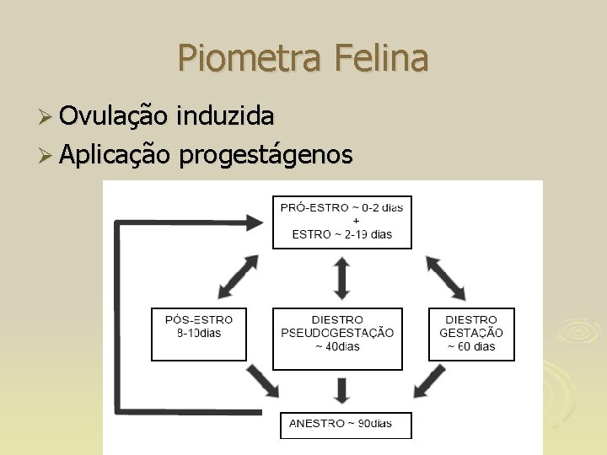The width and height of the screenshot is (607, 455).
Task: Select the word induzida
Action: (x=225, y=116)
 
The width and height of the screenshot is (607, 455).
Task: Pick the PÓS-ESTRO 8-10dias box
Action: (x=199, y=335)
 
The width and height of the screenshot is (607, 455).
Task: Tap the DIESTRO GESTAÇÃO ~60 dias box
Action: (x=471, y=335)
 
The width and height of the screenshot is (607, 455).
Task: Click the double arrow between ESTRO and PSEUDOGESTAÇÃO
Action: (x=341, y=277)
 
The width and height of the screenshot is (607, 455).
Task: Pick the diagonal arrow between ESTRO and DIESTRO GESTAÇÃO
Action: (x=445, y=278)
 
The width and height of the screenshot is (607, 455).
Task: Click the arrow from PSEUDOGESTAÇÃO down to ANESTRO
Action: (x=341, y=389)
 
